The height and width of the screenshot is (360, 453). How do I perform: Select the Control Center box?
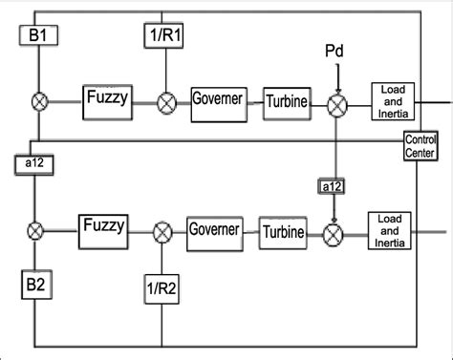pyautogui.click(x=419, y=146)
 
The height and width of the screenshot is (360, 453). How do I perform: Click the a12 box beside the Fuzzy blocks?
pyautogui.click(x=36, y=163)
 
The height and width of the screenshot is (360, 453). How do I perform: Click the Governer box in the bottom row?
pyautogui.click(x=213, y=230)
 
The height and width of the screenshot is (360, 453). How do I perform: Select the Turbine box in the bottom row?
pyautogui.click(x=283, y=230)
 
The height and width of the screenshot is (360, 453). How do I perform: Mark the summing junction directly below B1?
pyautogui.click(x=41, y=98)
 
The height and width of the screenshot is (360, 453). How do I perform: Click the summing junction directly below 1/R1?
pyautogui.click(x=166, y=98)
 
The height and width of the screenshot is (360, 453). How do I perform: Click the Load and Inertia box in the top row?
pyautogui.click(x=395, y=98)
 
